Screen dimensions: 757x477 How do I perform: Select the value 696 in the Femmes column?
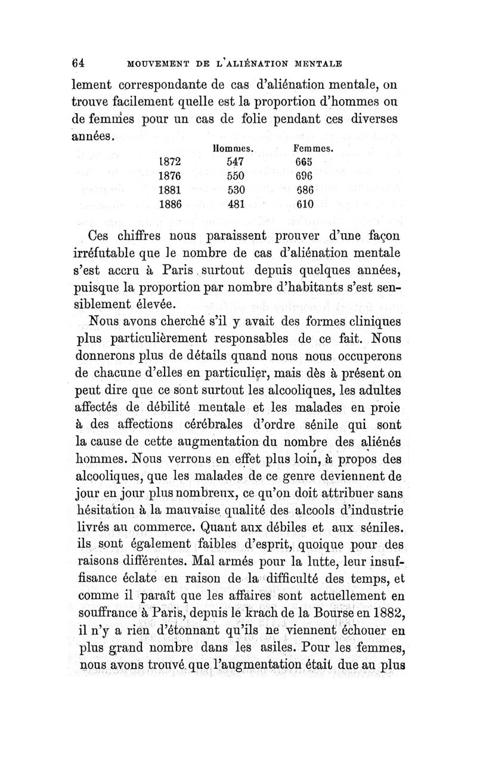click(306, 175)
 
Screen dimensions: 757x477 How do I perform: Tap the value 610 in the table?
click(306, 204)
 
